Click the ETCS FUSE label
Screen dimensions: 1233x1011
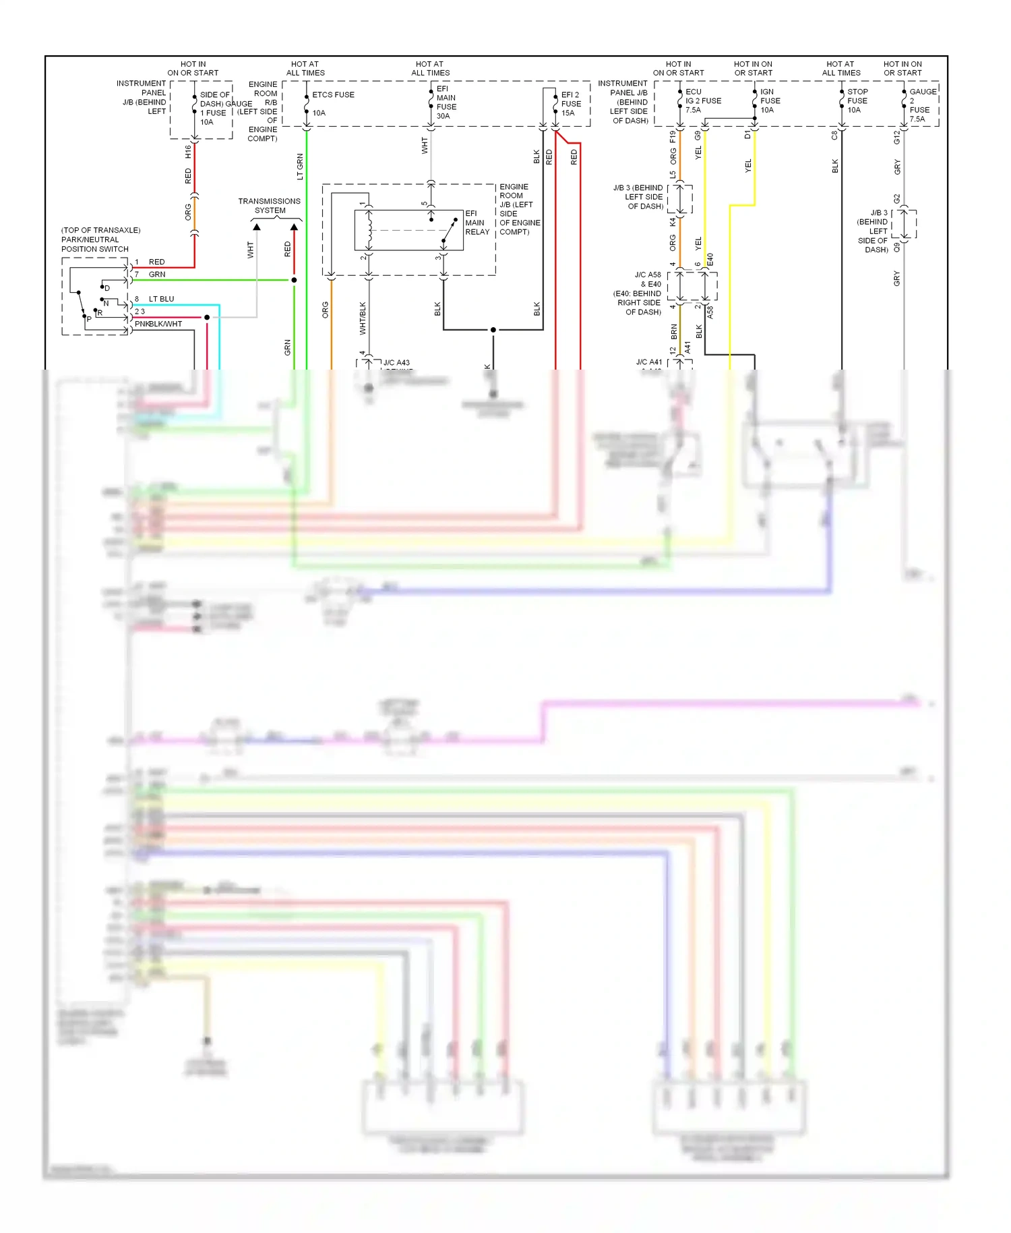pos(333,95)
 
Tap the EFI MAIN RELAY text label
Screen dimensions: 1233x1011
pos(477,223)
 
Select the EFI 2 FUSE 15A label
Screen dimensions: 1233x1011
pos(571,104)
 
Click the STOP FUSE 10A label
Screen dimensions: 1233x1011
pos(857,101)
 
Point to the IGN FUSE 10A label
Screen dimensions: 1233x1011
pos(770,101)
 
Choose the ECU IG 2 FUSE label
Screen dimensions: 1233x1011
pos(703,101)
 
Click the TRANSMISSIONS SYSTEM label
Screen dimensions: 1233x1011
pos(269,206)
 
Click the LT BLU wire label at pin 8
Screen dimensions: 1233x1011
pos(161,299)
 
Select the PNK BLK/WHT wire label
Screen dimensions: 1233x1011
pos(158,324)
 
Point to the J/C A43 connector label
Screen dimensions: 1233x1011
pos(396,363)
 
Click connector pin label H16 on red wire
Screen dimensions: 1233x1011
pos(188,152)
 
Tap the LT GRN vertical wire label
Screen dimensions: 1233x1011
pos(300,167)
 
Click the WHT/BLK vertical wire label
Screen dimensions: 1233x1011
pos(363,318)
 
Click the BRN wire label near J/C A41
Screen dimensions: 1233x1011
pos(673,331)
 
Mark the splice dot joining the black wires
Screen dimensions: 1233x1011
pos(493,330)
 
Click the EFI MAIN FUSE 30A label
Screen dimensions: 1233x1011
pos(446,103)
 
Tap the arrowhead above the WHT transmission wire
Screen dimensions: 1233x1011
pos(257,227)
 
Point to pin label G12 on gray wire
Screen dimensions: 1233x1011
pos(896,138)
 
